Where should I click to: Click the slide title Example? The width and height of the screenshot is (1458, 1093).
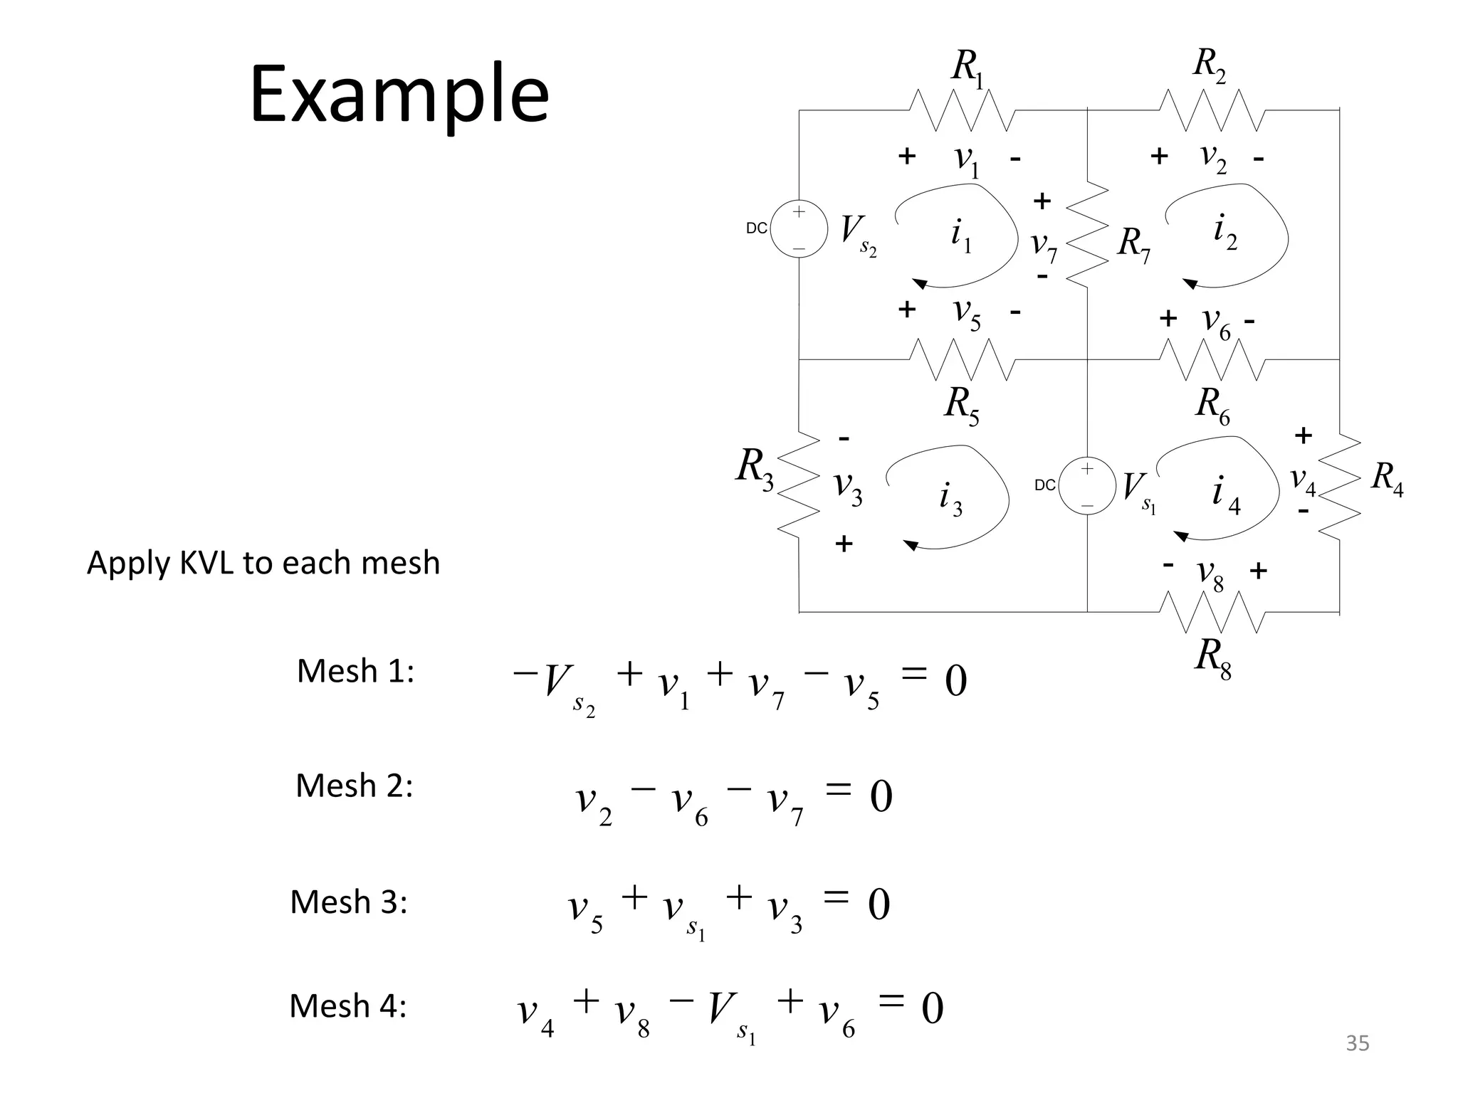[399, 95]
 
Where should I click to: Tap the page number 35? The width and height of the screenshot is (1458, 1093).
[1357, 1043]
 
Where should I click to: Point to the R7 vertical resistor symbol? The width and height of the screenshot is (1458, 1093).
[1087, 236]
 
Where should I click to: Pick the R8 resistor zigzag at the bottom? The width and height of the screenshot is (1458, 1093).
[1212, 612]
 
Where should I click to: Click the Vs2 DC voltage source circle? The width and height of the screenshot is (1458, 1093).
[799, 229]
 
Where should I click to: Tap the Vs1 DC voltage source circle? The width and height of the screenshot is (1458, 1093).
[1087, 486]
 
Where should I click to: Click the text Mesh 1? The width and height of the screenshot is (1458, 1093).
[355, 671]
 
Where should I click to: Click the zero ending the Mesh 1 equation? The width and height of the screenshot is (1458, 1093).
[955, 682]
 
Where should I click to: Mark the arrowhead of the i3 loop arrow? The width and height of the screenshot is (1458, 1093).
[911, 546]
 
